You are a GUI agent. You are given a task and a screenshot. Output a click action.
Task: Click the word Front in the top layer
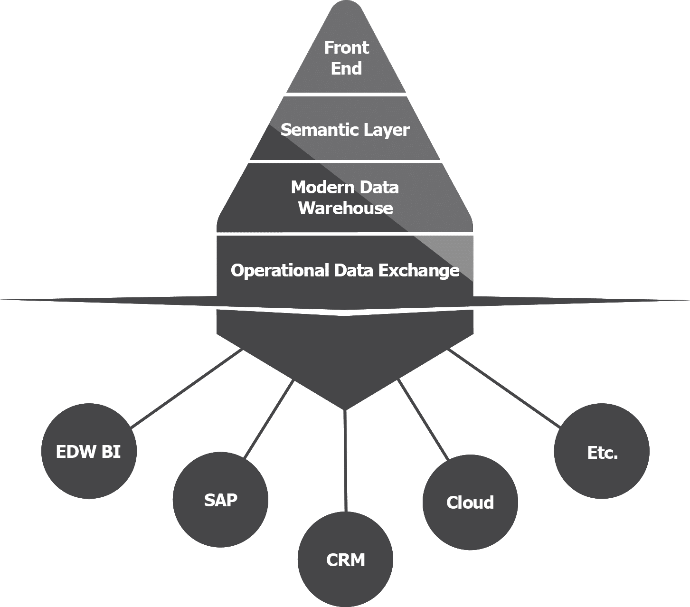pos(346,47)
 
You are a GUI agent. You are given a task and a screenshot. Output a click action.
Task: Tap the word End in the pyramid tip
pos(346,68)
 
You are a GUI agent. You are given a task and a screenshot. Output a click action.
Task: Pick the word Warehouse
pos(345,208)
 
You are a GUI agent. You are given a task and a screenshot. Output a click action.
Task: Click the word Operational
pos(280,270)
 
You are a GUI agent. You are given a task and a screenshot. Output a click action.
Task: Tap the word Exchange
pos(419,270)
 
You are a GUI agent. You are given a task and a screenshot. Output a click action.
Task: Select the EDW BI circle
pos(89,451)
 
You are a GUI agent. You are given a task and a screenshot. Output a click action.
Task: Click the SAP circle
pos(220,500)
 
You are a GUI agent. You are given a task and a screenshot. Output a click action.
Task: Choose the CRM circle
pos(345,560)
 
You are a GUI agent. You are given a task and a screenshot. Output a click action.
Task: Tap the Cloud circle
pos(470,503)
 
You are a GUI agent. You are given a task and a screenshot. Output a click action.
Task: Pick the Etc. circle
pos(602,451)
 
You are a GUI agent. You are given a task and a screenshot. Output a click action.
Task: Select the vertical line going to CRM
pos(345,461)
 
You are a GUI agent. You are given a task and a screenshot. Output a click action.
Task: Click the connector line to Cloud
pos(423,420)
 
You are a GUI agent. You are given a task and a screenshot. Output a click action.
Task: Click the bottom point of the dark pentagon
pos(345,406)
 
